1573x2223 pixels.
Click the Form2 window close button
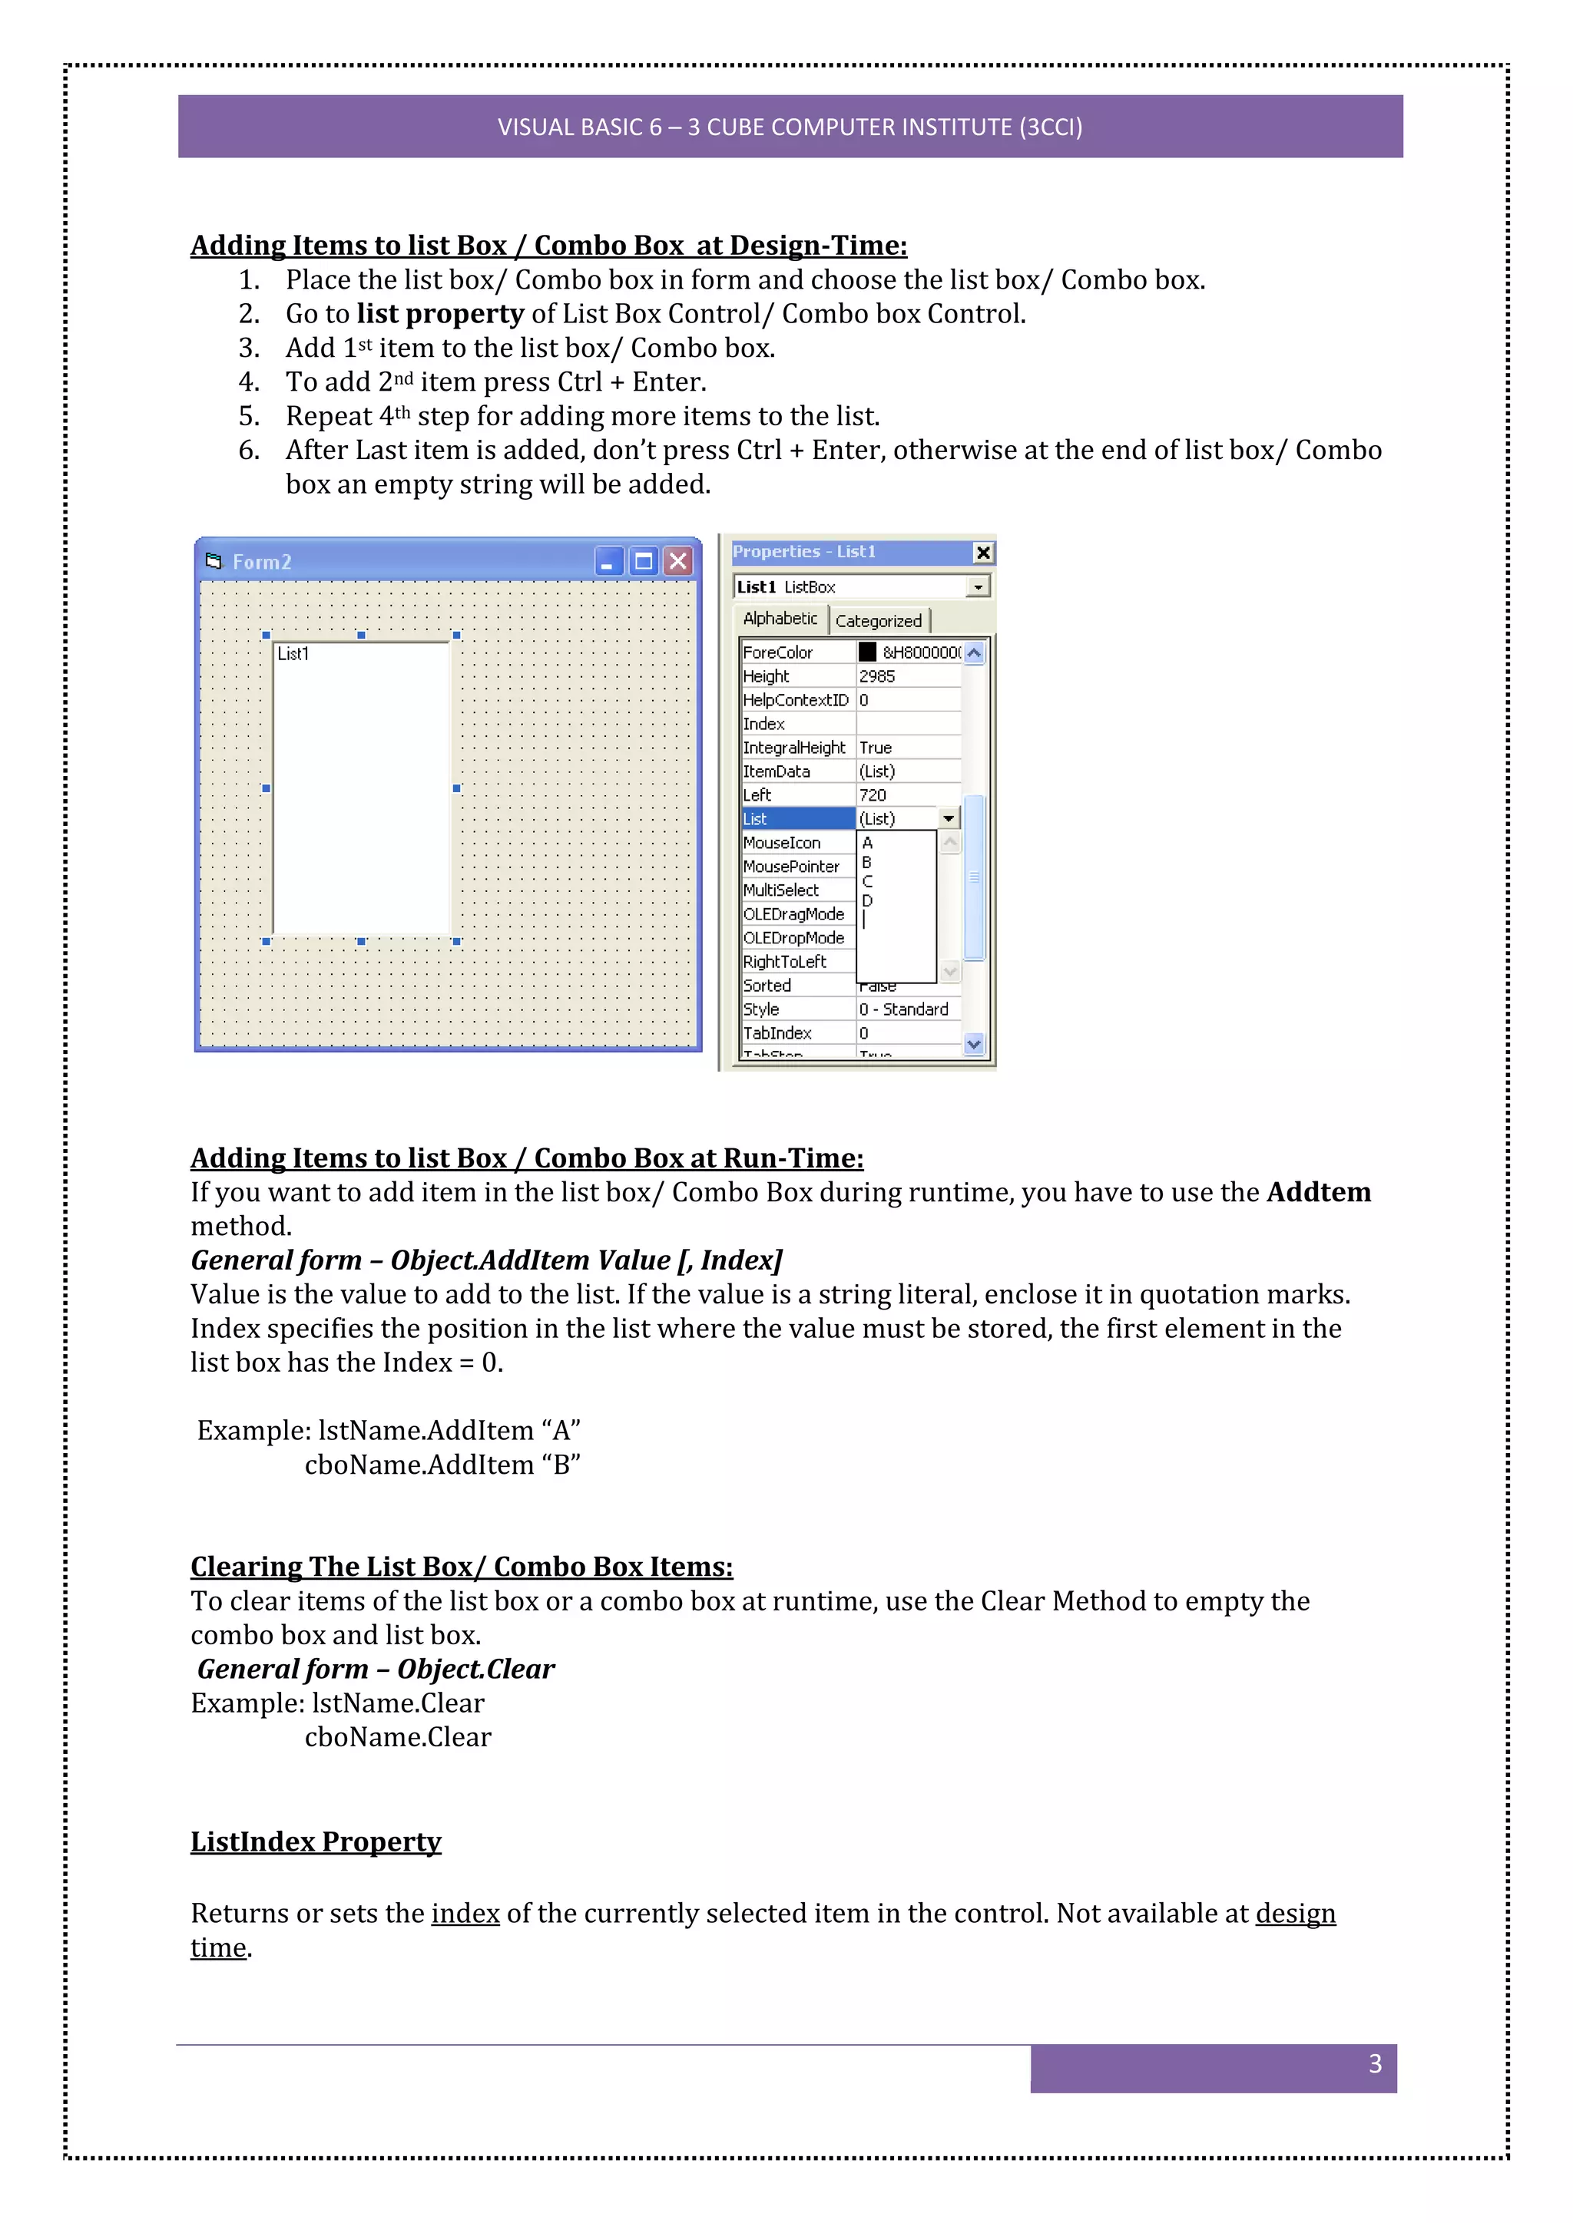pyautogui.click(x=679, y=562)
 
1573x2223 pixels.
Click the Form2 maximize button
pyautogui.click(x=643, y=562)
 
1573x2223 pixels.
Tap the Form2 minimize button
pyautogui.click(x=608, y=562)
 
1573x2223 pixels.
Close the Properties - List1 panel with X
pyautogui.click(x=983, y=553)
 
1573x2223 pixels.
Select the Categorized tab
pyautogui.click(x=879, y=621)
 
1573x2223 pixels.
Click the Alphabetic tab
pyautogui.click(x=780, y=619)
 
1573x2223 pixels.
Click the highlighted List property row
pyautogui.click(x=797, y=819)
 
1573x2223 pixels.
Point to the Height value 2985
pyautogui.click(x=878, y=675)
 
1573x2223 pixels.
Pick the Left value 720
pyautogui.click(x=873, y=795)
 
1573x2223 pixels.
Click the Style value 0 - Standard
pyautogui.click(x=904, y=1009)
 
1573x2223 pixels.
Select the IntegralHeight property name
pyautogui.click(x=794, y=748)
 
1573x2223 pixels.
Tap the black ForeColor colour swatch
pyautogui.click(x=867, y=652)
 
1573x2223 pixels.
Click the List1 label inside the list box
pyautogui.click(x=293, y=655)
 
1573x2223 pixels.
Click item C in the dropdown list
pyautogui.click(x=868, y=881)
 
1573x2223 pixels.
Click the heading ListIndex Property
pyautogui.click(x=316, y=1841)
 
